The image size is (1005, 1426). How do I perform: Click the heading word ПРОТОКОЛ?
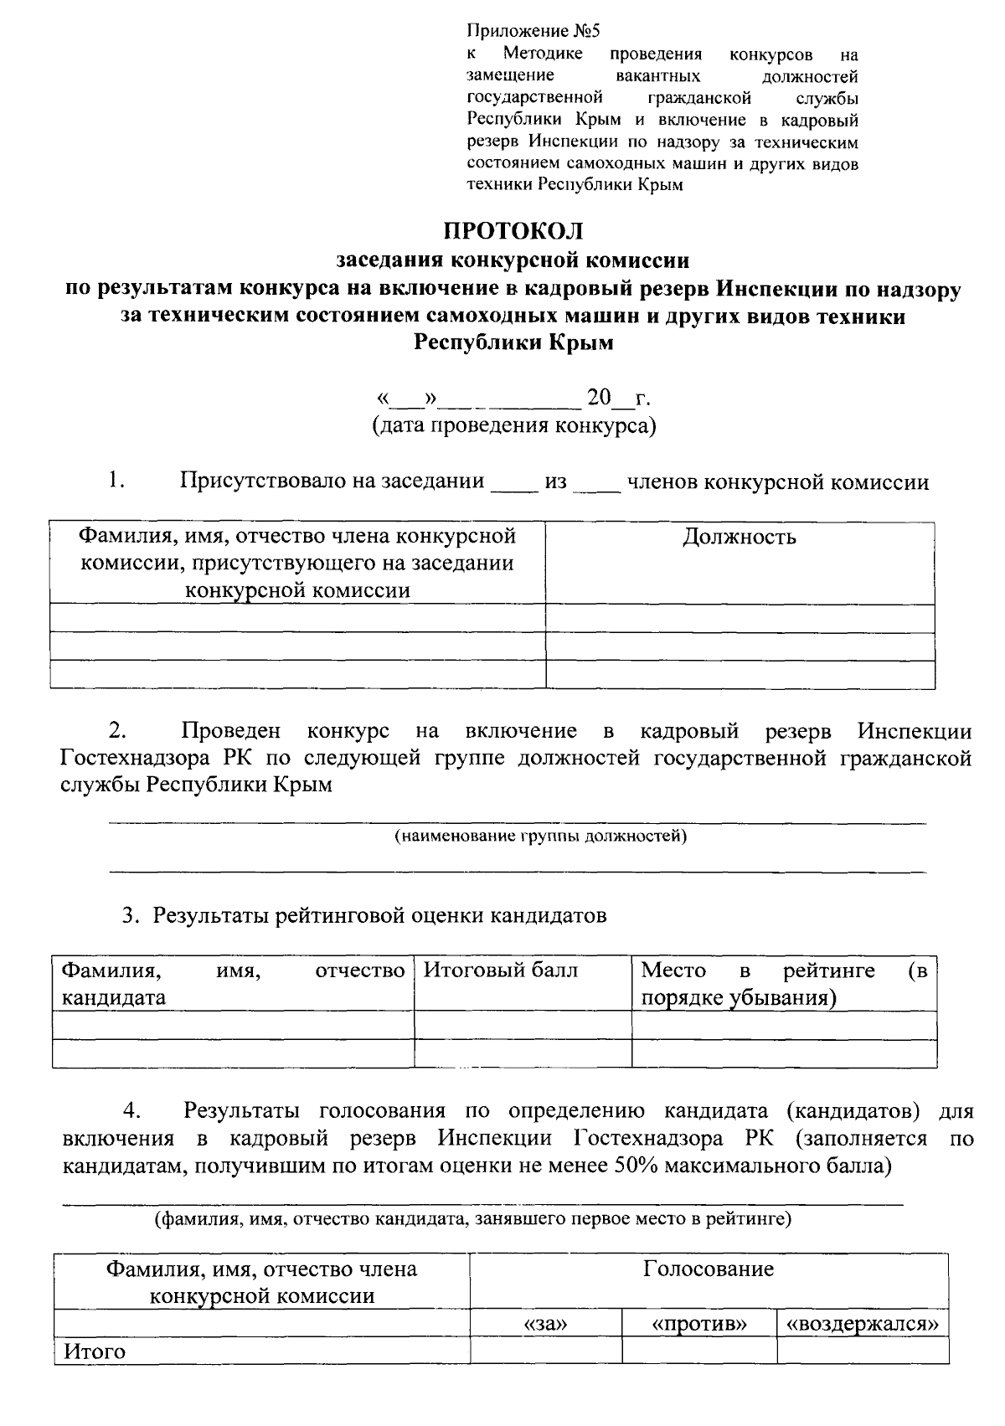(x=513, y=230)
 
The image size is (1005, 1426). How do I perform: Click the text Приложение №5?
(x=533, y=32)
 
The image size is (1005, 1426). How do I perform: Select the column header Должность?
(x=740, y=537)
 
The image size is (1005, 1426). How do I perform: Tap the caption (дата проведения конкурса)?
(x=513, y=425)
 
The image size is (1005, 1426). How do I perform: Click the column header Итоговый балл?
(x=500, y=970)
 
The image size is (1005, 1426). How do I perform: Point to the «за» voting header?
(x=545, y=1324)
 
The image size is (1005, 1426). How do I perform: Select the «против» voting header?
(x=698, y=1324)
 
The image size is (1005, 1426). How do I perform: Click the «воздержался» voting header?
(x=862, y=1324)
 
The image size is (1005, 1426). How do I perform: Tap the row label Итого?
(x=95, y=1351)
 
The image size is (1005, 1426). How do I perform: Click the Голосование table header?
(x=709, y=1269)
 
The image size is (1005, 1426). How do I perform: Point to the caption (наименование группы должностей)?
(x=540, y=836)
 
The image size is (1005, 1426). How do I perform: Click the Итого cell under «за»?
(x=545, y=1351)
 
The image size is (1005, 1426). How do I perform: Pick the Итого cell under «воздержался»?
(x=862, y=1351)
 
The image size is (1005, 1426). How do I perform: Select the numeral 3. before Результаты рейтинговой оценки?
(x=130, y=915)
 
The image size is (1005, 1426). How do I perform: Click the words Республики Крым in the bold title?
(x=513, y=343)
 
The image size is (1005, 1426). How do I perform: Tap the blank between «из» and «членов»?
(x=596, y=483)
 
